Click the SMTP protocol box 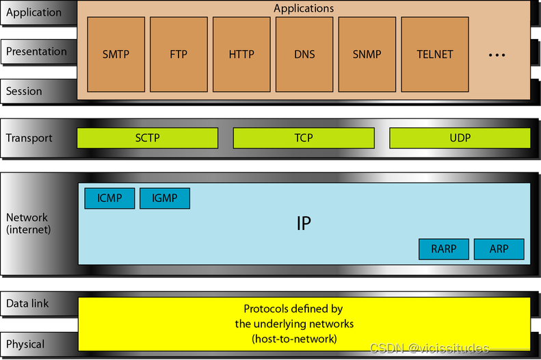point(116,54)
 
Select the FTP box point(179,54)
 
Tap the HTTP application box point(241,54)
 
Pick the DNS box point(304,54)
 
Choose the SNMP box point(367,54)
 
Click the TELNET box point(435,54)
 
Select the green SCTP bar point(148,138)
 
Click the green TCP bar point(304,138)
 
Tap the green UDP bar point(460,138)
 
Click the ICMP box point(109,198)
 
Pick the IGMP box point(164,198)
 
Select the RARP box point(444,249)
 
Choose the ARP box point(499,249)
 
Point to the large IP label point(304,224)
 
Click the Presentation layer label point(36,51)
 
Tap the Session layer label point(24,91)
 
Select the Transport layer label point(29,138)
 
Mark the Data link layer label point(27,303)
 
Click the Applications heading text point(304,9)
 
